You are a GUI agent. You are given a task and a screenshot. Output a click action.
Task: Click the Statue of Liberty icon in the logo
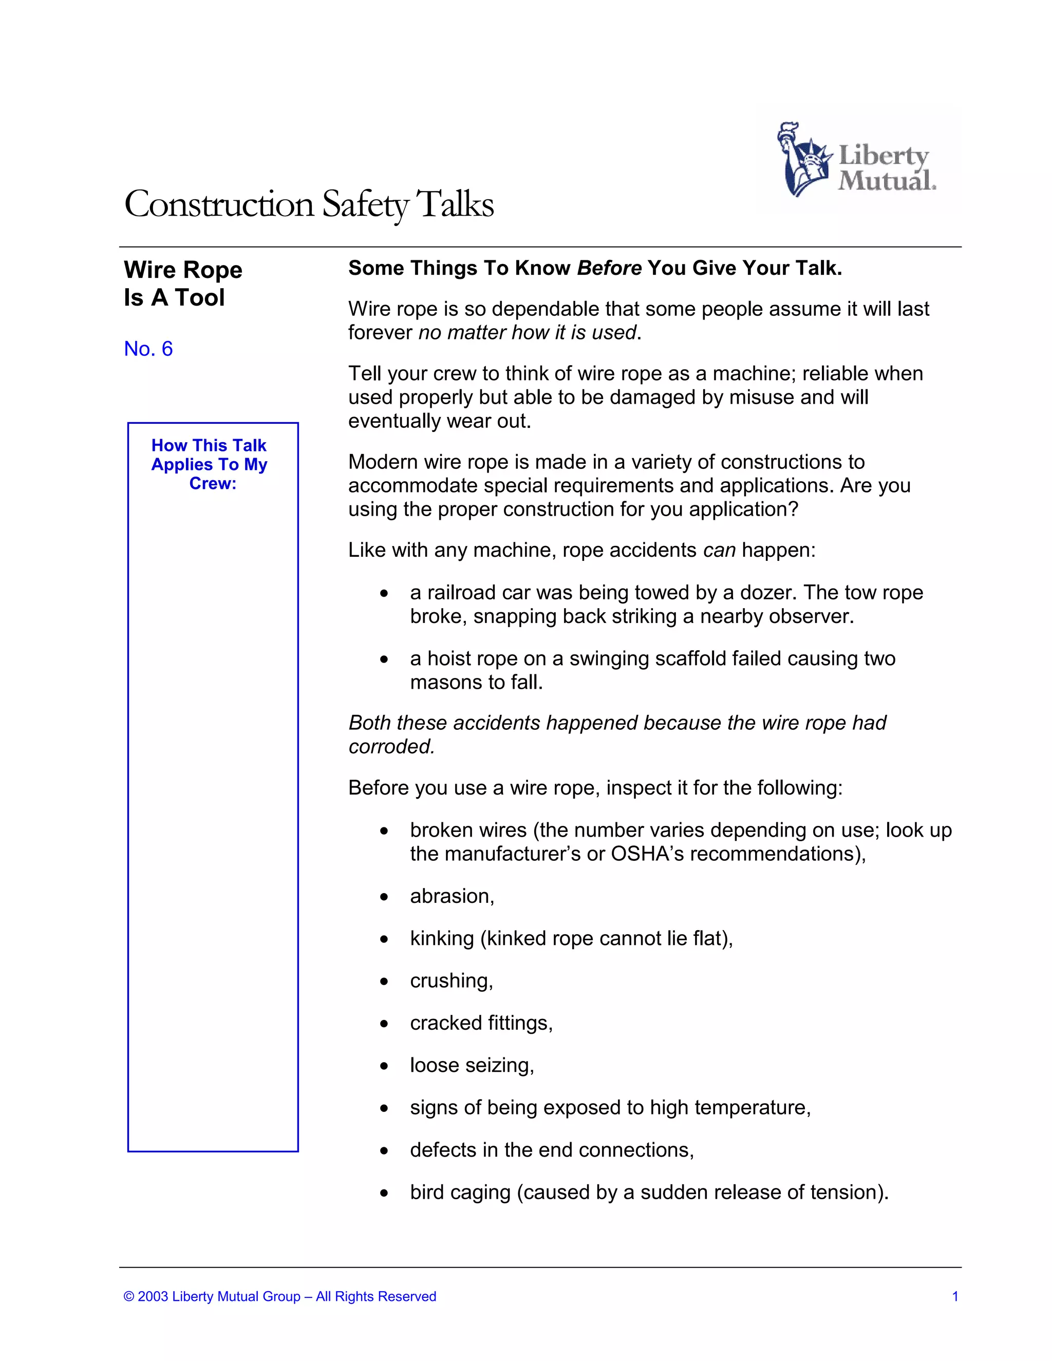tap(802, 160)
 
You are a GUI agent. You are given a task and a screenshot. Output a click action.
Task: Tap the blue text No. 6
tap(148, 349)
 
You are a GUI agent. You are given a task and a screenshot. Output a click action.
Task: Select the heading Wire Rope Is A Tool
tap(182, 283)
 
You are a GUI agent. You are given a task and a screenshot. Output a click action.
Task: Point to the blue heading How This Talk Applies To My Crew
tap(210, 464)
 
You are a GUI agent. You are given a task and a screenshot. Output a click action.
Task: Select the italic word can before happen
tap(719, 550)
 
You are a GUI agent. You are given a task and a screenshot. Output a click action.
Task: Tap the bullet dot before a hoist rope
tap(385, 659)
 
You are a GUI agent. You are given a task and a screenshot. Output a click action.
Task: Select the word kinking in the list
tap(442, 938)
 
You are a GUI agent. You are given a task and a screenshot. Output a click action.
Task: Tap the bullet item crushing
tap(451, 981)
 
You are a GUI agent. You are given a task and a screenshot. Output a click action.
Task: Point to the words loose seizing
tap(472, 1066)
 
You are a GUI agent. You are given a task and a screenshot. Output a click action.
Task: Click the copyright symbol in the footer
tap(129, 1297)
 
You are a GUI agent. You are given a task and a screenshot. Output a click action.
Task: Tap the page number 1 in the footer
tap(955, 1297)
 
